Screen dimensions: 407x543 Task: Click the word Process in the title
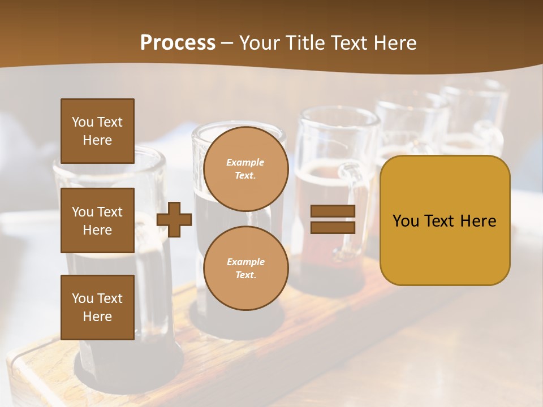(x=178, y=42)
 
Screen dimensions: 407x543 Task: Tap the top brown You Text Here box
(x=97, y=131)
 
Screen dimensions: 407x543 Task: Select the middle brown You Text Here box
(x=97, y=220)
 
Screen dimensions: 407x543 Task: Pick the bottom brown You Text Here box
(x=97, y=308)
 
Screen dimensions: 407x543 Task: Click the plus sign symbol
(x=174, y=219)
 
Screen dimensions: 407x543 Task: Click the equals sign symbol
(x=333, y=219)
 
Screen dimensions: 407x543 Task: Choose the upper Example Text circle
(x=245, y=169)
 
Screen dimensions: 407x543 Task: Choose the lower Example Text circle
(x=245, y=269)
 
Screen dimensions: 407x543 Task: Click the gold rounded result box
(x=445, y=220)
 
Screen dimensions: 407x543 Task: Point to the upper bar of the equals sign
(x=333, y=211)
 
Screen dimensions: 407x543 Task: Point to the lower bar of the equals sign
(x=333, y=227)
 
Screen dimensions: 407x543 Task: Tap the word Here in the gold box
(x=478, y=221)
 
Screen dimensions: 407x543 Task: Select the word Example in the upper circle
(x=245, y=163)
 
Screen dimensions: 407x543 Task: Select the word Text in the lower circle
(x=245, y=275)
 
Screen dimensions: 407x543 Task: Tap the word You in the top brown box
(x=83, y=122)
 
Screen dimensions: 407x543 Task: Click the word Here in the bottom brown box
(x=97, y=317)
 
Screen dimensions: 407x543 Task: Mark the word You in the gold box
(x=406, y=221)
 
